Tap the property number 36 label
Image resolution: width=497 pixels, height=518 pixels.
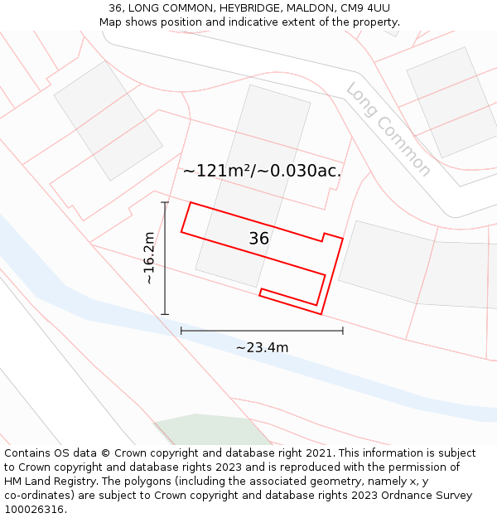tap(259, 239)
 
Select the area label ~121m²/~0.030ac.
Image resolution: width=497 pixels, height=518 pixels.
tap(262, 171)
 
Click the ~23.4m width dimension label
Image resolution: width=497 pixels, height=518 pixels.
tap(262, 347)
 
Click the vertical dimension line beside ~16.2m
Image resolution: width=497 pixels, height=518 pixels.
tap(165, 259)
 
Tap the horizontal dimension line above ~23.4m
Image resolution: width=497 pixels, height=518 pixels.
tap(262, 331)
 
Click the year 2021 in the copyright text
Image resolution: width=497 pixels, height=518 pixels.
tap(318, 453)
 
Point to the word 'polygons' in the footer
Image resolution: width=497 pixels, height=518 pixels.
tap(164, 482)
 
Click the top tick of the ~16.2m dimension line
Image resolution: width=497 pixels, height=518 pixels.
tap(165, 202)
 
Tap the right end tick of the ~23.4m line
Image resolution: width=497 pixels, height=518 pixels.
tap(343, 331)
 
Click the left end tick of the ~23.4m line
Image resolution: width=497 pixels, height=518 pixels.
tap(181, 331)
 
